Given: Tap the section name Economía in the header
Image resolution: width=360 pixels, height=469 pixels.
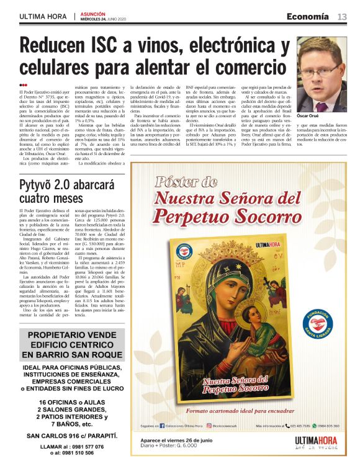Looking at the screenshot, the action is point(308,16).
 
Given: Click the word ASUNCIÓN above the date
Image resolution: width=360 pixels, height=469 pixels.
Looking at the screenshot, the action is point(94,12).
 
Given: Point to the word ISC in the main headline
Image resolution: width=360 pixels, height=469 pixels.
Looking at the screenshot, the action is point(127,47).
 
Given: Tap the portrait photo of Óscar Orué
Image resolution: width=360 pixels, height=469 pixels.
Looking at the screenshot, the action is point(322,74).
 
